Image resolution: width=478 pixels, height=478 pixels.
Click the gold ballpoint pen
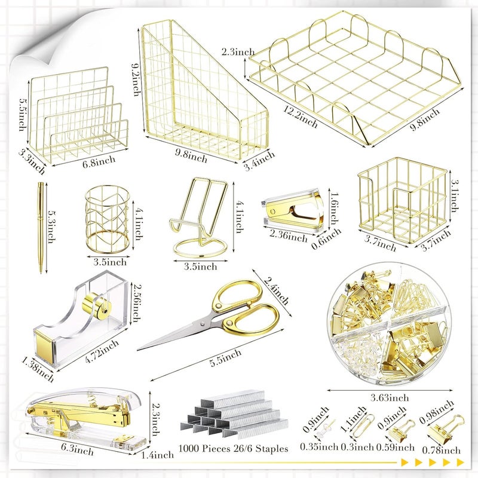tap(41, 228)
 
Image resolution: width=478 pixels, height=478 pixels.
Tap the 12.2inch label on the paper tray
tap(301, 117)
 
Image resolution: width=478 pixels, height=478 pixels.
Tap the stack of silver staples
tap(234, 412)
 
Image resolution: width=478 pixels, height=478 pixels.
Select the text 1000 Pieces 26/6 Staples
tap(233, 449)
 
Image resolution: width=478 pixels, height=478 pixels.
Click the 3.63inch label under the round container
tap(390, 398)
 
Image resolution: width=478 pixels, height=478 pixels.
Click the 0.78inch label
tap(441, 450)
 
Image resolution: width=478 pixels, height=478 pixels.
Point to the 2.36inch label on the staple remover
tap(289, 235)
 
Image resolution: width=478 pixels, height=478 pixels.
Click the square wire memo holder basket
tap(402, 200)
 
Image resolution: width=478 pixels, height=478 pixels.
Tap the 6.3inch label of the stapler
tap(78, 449)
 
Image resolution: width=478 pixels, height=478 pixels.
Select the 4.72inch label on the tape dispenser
tap(102, 351)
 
